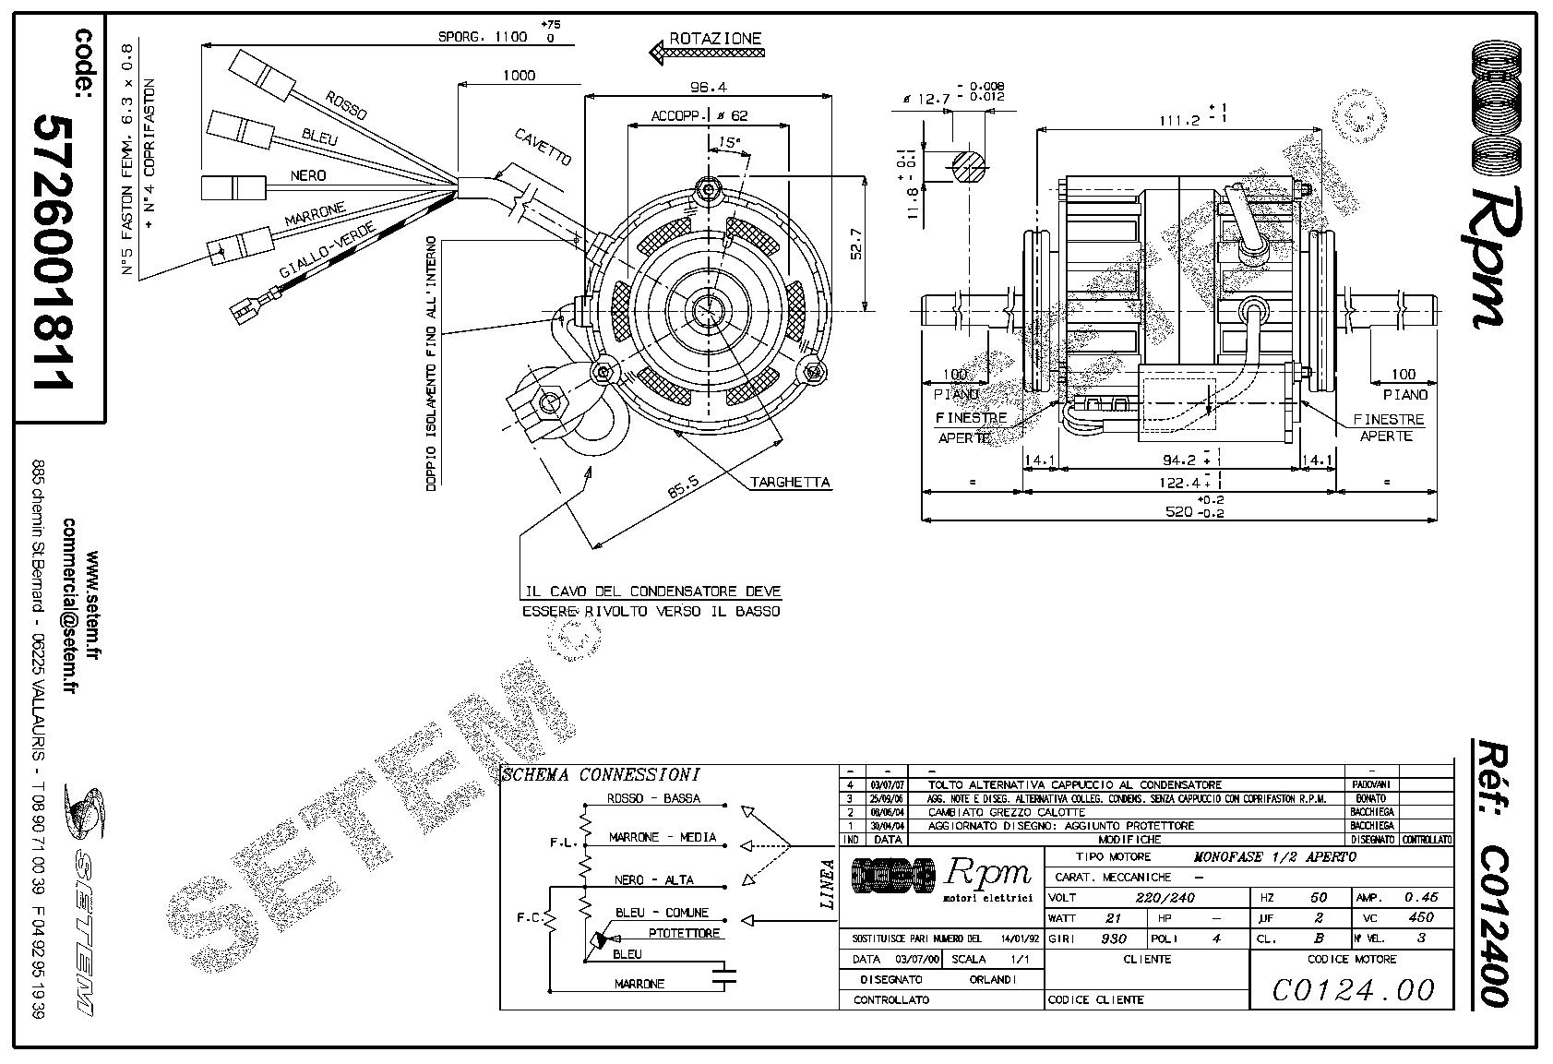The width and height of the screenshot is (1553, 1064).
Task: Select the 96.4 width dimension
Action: tap(709, 88)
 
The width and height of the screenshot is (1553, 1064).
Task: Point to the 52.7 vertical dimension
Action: tap(856, 242)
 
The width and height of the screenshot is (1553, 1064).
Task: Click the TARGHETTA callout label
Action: tap(790, 482)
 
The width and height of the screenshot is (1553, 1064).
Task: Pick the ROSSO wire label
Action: tap(345, 106)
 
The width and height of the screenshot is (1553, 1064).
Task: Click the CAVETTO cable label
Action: tap(543, 145)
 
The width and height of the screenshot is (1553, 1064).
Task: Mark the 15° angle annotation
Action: tap(729, 143)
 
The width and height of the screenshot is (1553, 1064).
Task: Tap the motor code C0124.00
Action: tap(1353, 990)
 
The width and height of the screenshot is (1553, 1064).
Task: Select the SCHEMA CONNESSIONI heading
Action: tap(601, 775)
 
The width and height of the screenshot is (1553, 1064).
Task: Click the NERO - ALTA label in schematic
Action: tap(653, 879)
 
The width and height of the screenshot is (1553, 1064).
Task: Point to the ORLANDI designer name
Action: tap(993, 979)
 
